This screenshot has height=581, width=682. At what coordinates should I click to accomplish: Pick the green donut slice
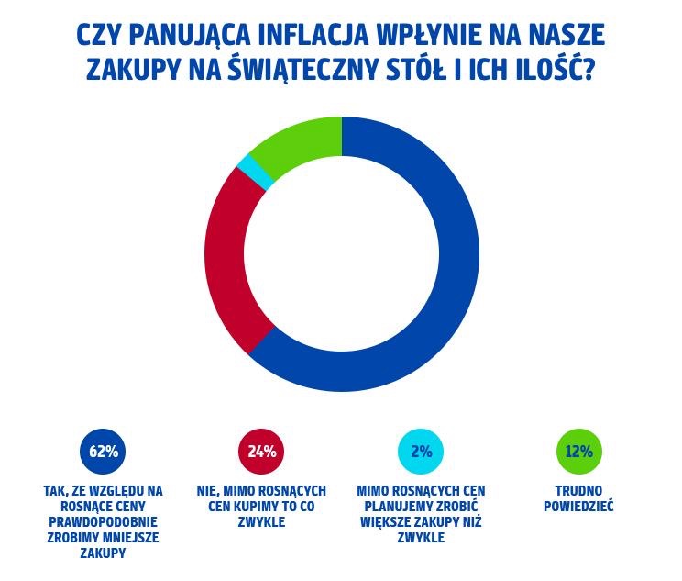click(x=298, y=143)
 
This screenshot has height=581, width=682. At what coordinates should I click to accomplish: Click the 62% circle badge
click(x=104, y=452)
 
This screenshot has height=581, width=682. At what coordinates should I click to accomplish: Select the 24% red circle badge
click(x=261, y=452)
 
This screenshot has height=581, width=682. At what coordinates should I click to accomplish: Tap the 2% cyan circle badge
click(x=421, y=452)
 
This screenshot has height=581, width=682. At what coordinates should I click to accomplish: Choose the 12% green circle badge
click(x=579, y=452)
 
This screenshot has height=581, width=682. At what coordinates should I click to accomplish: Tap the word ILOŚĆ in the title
click(x=546, y=70)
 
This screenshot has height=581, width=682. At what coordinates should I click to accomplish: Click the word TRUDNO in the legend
click(x=579, y=491)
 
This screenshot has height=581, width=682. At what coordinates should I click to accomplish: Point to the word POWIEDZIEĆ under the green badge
click(x=579, y=507)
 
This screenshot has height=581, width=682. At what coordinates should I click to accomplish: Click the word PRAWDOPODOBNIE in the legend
click(x=103, y=522)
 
